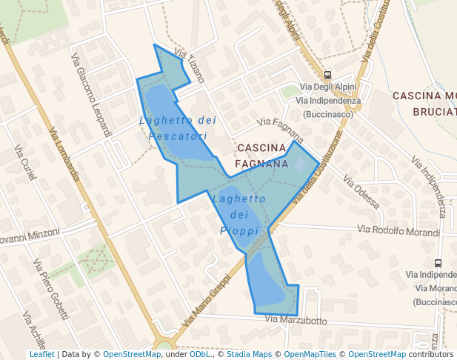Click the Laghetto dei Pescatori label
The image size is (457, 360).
[x=178, y=128]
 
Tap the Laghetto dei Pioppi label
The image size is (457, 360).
[x=238, y=215]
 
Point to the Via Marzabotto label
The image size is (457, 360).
[x=296, y=321]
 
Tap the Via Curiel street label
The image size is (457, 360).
[x=24, y=161]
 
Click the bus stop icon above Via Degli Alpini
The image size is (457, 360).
[x=328, y=75]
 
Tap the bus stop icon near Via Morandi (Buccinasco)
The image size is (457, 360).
[x=438, y=263]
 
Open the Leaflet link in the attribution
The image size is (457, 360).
[x=42, y=354]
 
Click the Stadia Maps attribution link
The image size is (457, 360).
[x=248, y=354]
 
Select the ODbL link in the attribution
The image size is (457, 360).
[x=200, y=354]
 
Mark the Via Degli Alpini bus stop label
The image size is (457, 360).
[x=328, y=87]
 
